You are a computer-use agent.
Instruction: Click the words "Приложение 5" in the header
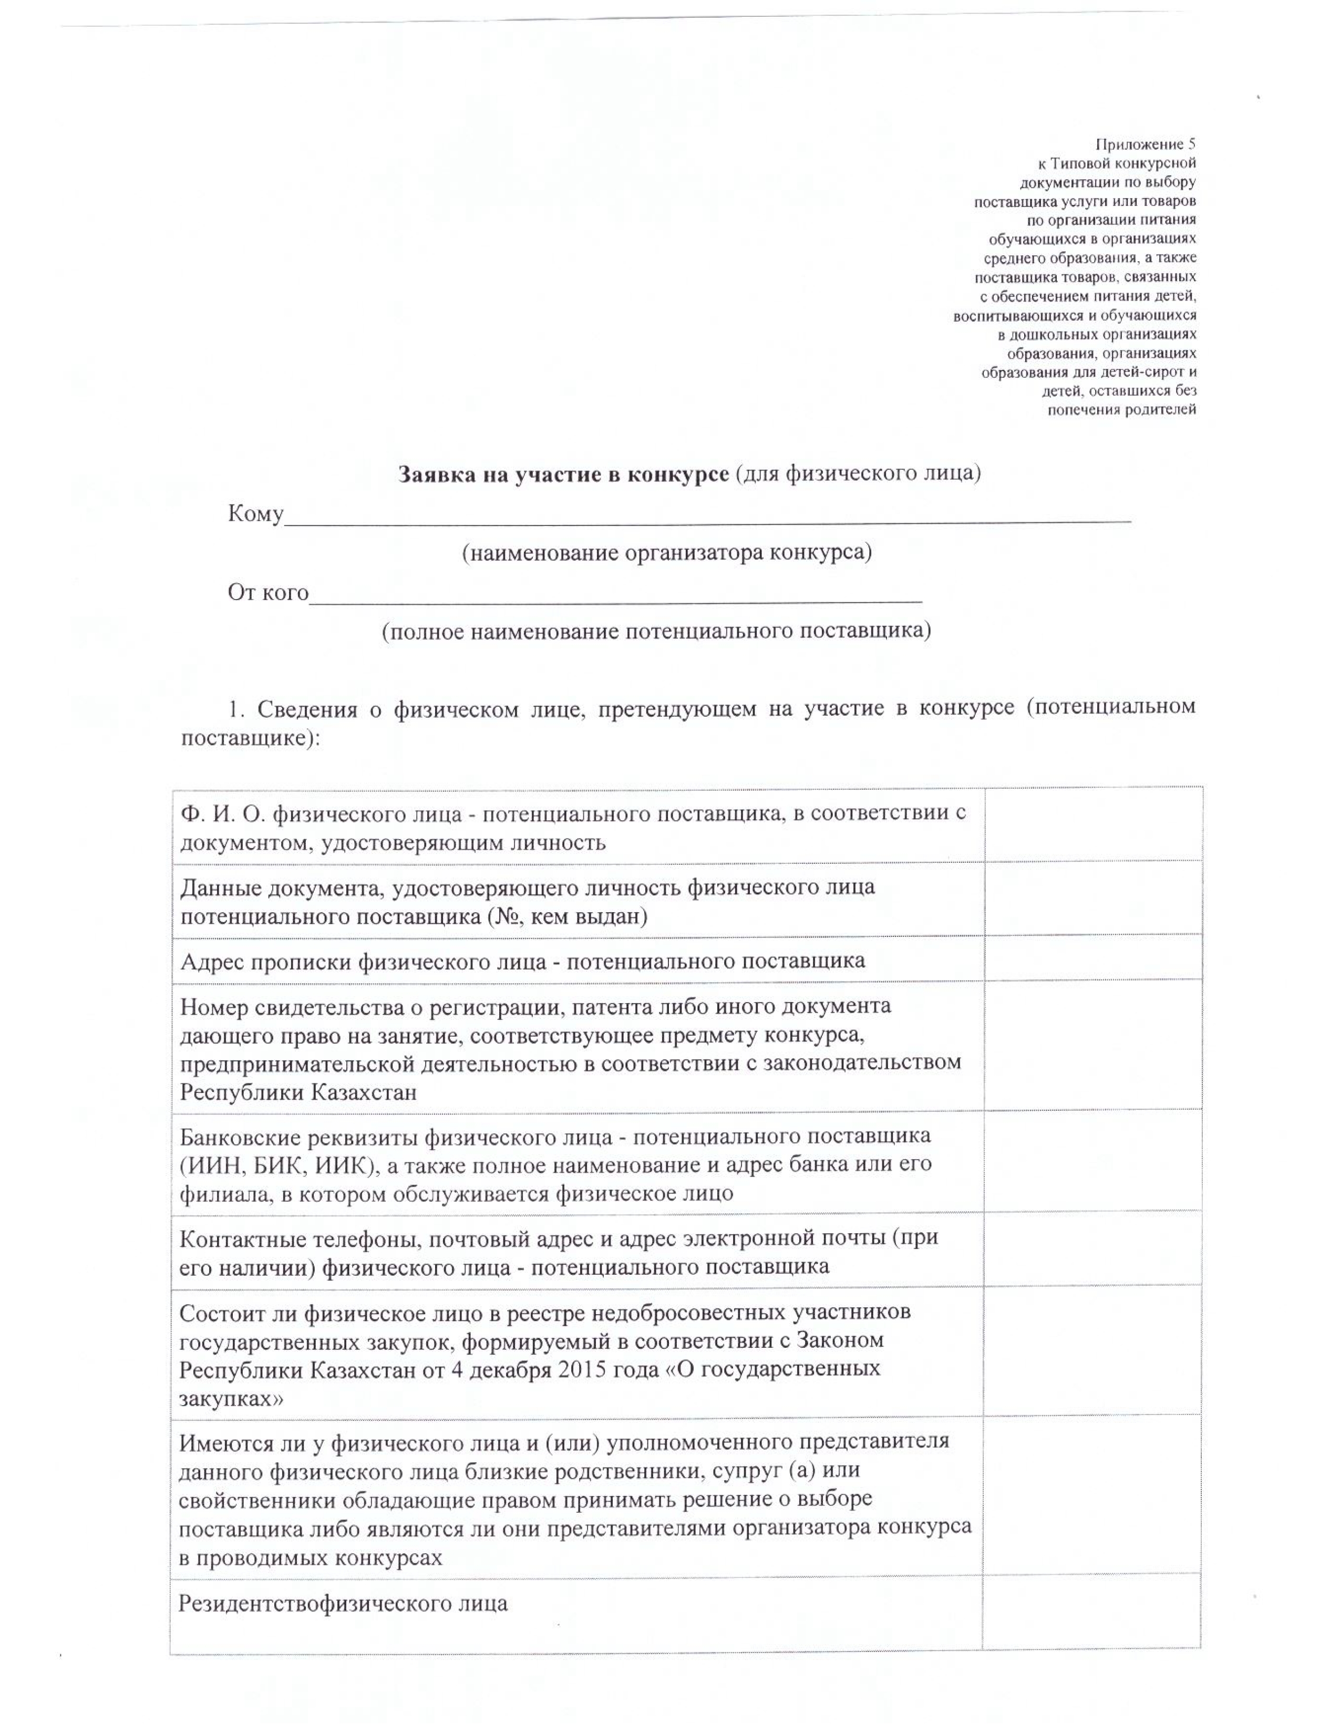pos(1145,145)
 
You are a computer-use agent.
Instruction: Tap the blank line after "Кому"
pos(706,516)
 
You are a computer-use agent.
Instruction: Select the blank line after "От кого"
pos(615,595)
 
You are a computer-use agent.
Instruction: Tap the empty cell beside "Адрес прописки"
pos(1092,958)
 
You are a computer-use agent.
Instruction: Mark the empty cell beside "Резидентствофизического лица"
pos(1091,1611)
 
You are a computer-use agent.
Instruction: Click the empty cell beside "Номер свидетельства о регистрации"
pos(1092,1046)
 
